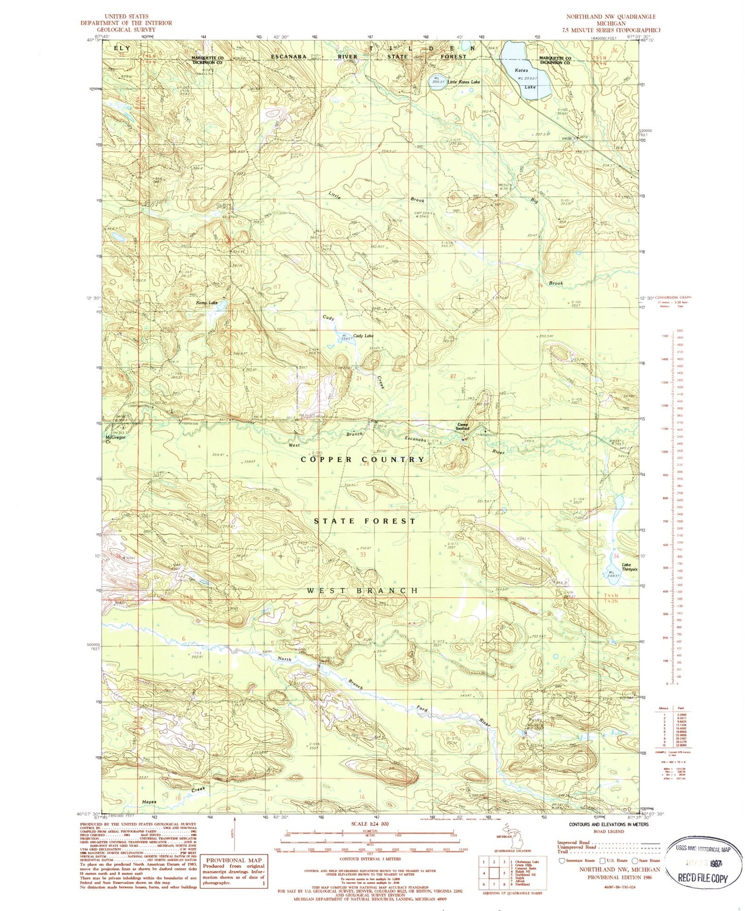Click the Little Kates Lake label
point(463,82)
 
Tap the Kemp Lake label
point(206,303)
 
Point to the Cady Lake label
point(363,336)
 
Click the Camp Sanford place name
point(463,427)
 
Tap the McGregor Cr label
point(115,440)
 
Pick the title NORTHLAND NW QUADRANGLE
point(611,17)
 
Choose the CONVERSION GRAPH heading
point(675,298)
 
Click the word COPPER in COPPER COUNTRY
point(326,459)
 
